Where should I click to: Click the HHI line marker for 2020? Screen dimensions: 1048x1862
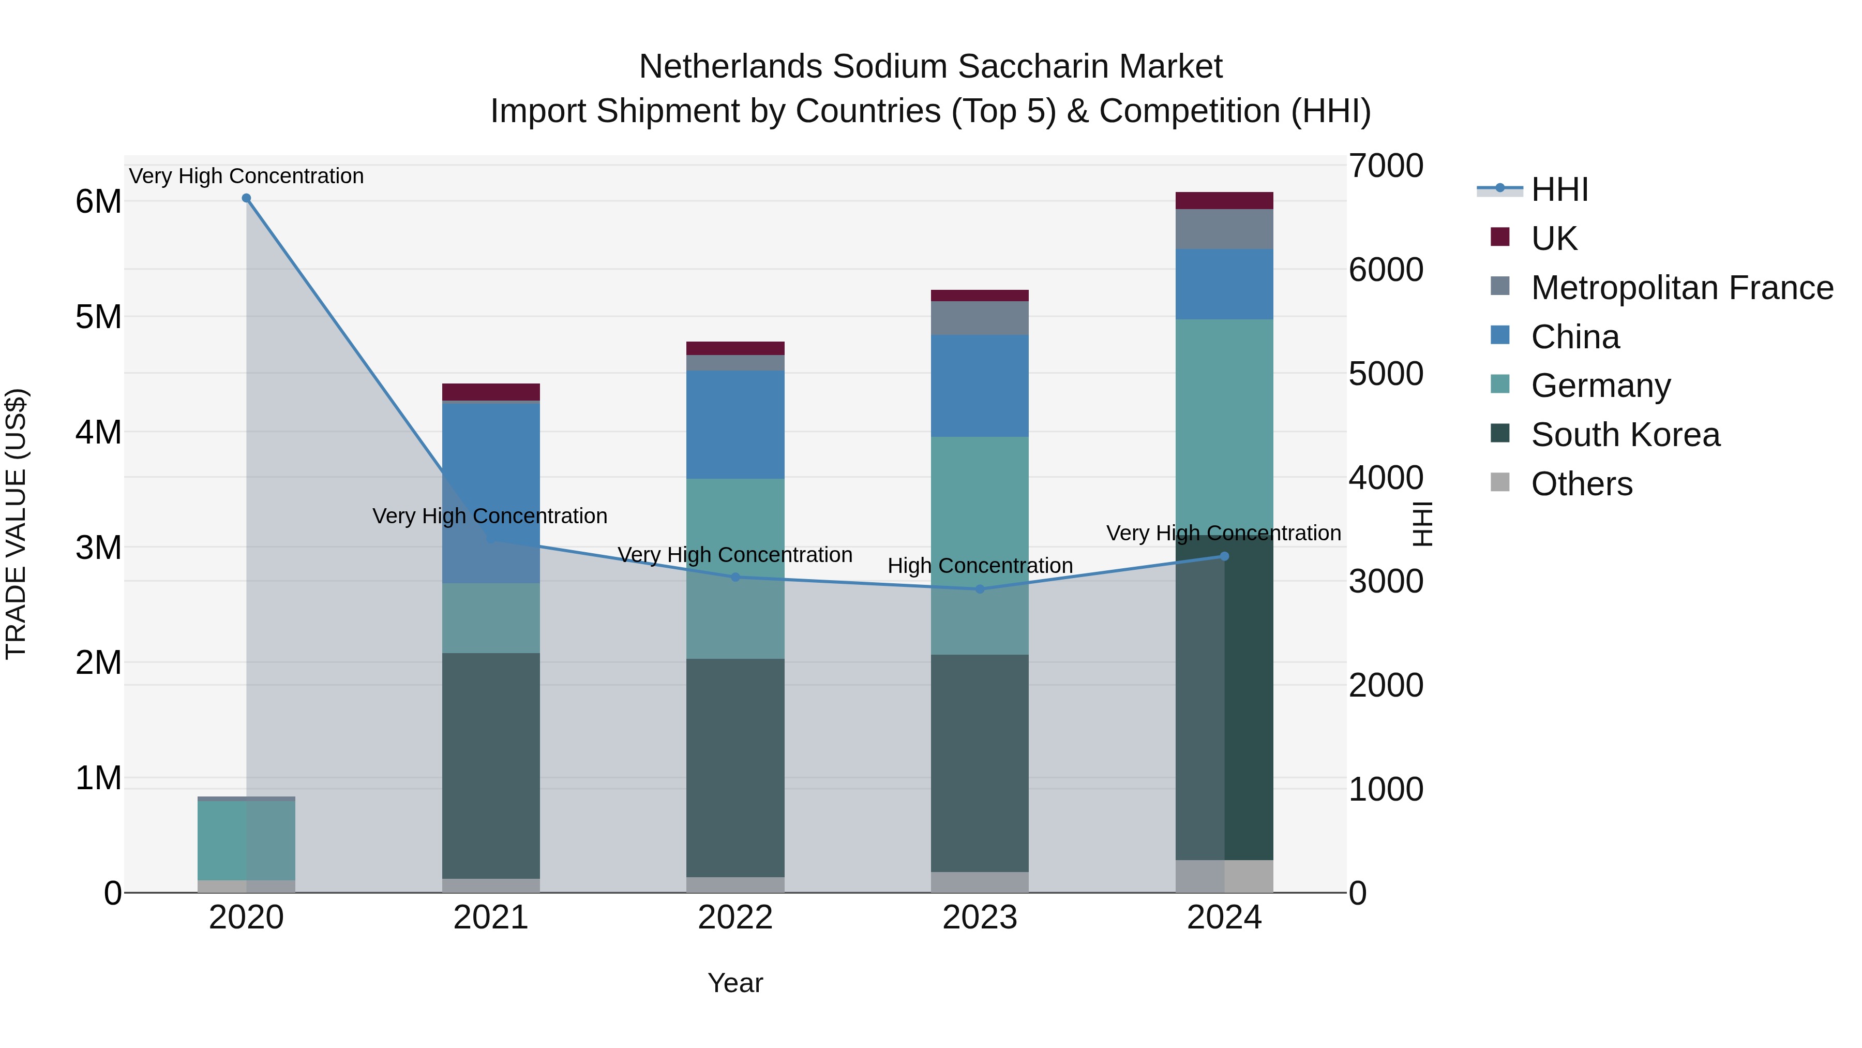[x=247, y=198]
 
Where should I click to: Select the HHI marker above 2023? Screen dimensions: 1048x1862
[x=980, y=589]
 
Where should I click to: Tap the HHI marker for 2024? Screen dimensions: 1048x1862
[x=1224, y=556]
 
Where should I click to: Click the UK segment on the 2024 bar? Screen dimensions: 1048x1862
[x=1224, y=200]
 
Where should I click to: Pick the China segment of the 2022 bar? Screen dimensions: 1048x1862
[x=735, y=424]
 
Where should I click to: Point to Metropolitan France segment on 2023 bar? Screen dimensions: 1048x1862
[x=980, y=318]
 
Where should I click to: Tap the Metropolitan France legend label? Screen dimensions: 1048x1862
[x=1681, y=288]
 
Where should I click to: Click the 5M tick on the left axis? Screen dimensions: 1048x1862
[x=98, y=317]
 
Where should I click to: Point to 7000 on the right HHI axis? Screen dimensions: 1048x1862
[x=1385, y=166]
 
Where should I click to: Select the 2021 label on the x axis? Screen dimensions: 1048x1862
[x=491, y=918]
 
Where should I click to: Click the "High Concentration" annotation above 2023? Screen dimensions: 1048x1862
[x=980, y=566]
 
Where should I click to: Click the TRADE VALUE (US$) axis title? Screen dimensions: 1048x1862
[x=16, y=524]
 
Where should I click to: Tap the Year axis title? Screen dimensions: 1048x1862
[x=735, y=983]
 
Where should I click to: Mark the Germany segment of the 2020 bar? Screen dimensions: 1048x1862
[x=247, y=840]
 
